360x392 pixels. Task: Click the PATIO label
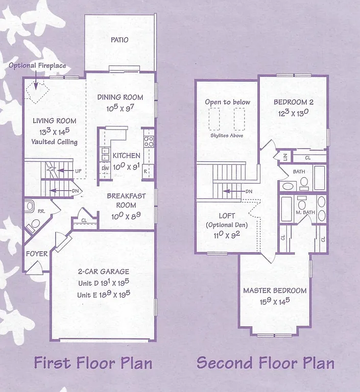119,40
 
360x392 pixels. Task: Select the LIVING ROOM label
55,121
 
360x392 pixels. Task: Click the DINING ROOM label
121,97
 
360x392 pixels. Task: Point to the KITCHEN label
126,156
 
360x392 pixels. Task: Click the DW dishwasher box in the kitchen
105,168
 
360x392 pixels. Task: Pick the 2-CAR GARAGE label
103,272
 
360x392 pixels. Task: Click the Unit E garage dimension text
103,295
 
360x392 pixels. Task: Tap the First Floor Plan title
93,363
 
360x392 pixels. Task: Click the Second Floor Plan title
266,363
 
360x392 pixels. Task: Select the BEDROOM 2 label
294,102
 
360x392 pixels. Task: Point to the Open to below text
227,102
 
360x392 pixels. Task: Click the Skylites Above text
227,135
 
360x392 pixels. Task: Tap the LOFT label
227,216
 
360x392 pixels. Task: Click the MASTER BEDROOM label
275,290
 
